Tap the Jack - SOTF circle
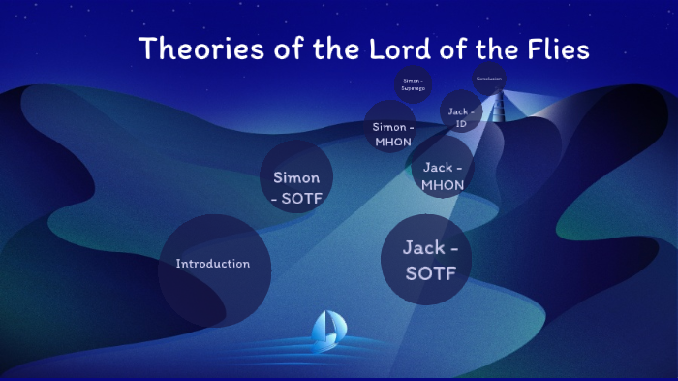[x=424, y=261]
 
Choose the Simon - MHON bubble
[x=393, y=134]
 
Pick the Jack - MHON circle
[x=443, y=170]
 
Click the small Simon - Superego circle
[x=412, y=83]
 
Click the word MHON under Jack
[x=443, y=184]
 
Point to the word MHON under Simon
[x=393, y=142]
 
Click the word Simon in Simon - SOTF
[x=296, y=177]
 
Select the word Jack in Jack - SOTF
[x=424, y=248]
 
